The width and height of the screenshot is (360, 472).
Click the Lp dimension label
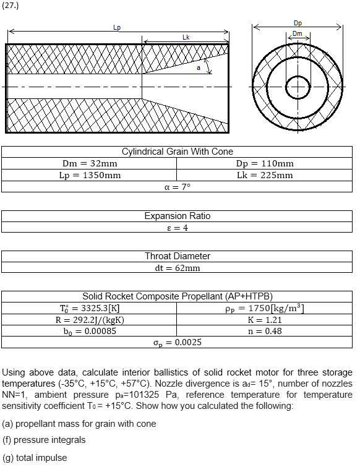coord(118,27)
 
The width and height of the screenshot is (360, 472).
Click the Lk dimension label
coord(186,38)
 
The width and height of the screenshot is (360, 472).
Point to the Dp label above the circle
coord(298,23)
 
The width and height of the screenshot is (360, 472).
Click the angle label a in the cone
coord(199,68)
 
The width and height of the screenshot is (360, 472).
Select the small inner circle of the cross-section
coord(298,87)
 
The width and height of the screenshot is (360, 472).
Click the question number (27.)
coord(11,6)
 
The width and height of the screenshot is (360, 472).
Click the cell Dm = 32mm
coord(90,163)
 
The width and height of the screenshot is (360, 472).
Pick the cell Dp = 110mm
coord(265,163)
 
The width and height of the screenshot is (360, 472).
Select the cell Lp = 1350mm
coord(90,175)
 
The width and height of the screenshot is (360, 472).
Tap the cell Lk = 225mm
coord(265,175)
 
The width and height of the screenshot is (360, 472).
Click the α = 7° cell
coord(178,187)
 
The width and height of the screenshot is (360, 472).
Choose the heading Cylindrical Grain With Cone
coord(178,152)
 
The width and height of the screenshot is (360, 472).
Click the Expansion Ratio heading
coord(178,216)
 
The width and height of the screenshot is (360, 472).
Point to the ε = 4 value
coord(178,228)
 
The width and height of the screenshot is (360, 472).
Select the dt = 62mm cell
coord(178,268)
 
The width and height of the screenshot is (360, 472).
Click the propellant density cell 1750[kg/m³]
coord(265,308)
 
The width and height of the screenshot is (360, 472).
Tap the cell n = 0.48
coord(265,331)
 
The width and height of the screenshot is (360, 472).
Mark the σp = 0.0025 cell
coord(178,342)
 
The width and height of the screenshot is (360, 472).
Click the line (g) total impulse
coord(35,458)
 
